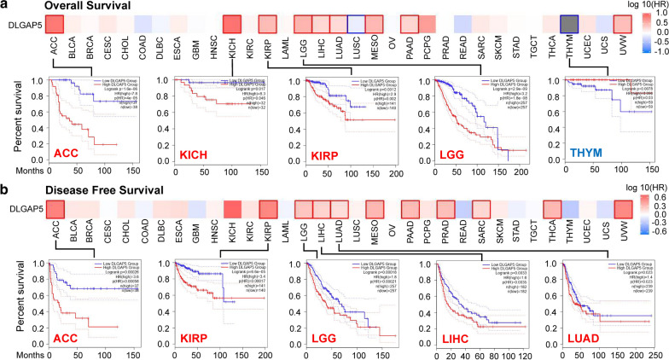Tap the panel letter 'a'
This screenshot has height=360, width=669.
tap(5, 6)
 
